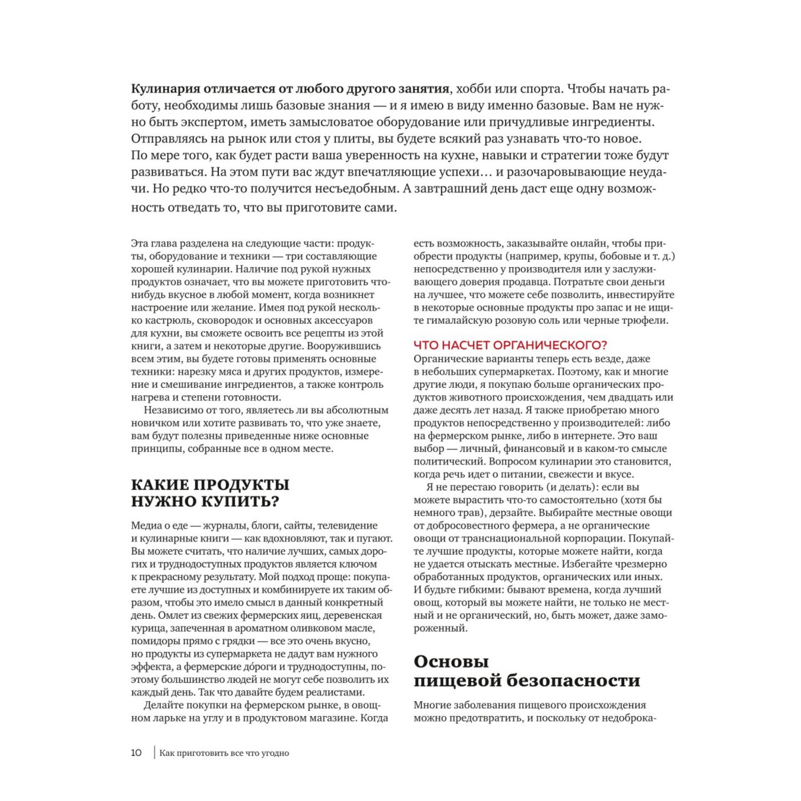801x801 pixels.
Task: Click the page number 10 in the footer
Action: (136, 753)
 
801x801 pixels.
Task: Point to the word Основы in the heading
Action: (451, 662)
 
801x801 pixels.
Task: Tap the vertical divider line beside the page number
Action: (154, 753)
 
